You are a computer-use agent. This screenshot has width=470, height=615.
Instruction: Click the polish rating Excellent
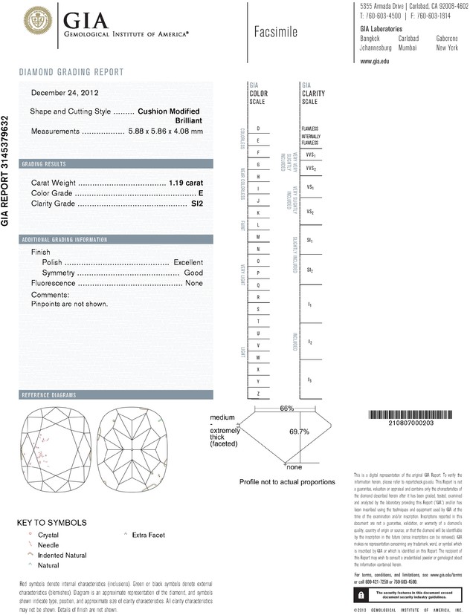click(x=188, y=263)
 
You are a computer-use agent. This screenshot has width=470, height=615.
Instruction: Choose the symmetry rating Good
click(x=193, y=273)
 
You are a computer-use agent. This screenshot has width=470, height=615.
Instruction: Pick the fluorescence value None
click(x=194, y=284)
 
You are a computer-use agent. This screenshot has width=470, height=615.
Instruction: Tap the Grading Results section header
click(x=44, y=163)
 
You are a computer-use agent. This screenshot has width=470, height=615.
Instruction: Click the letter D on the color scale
click(x=258, y=129)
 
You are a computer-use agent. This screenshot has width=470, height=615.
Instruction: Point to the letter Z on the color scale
click(x=258, y=393)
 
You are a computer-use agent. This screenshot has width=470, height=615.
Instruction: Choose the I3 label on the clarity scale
click(x=310, y=380)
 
